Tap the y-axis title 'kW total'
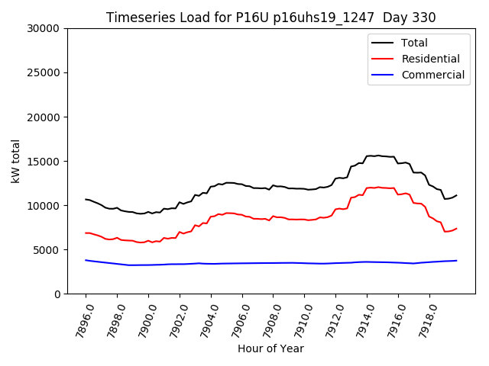coord(16,161)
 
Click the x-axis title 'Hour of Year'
coord(270,348)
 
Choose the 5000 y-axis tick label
coord(48,250)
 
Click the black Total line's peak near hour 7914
coord(377,156)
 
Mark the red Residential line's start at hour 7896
coord(86,233)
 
